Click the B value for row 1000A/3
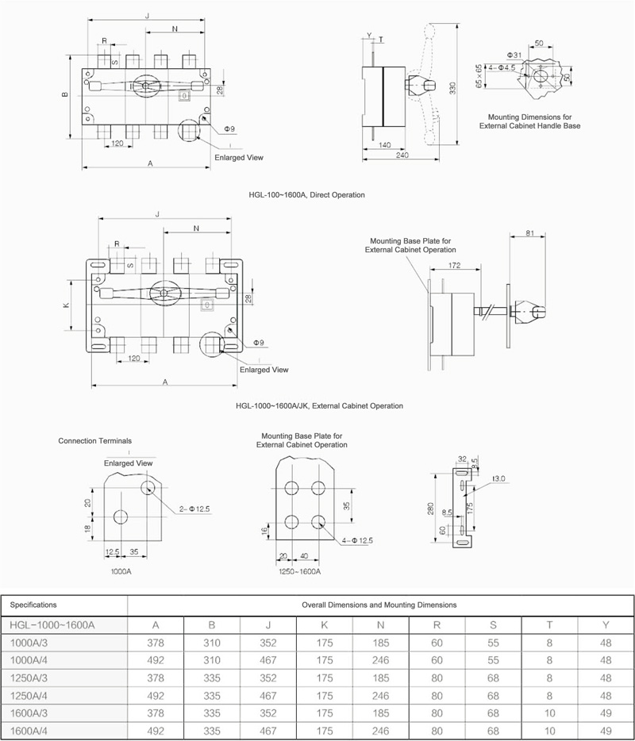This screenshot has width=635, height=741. tap(212, 643)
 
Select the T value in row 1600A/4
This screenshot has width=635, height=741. tap(549, 731)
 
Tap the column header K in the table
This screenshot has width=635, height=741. tap(324, 624)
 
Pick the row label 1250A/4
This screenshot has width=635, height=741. tap(29, 696)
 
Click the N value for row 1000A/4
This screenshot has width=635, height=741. tap(381, 660)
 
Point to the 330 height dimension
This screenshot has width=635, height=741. tap(452, 88)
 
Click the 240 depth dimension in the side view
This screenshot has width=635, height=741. tap(402, 155)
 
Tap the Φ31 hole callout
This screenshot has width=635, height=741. tap(514, 56)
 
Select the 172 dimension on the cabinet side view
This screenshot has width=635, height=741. tap(454, 266)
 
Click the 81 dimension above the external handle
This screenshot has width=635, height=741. tap(529, 233)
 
